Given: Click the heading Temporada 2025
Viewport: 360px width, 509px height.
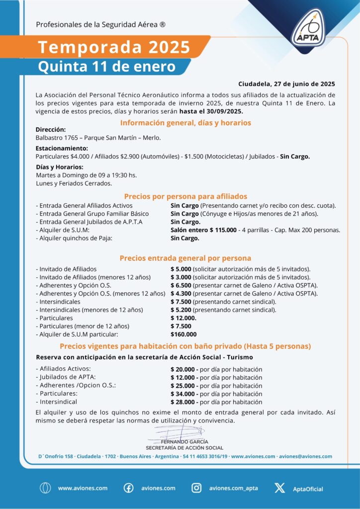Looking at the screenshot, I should click(x=114, y=48).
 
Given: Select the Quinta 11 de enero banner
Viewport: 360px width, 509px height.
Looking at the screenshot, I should click(x=107, y=66).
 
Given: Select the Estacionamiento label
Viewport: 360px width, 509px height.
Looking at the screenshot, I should click(x=62, y=148).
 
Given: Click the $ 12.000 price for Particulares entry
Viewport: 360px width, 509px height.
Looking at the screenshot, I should click(x=183, y=318).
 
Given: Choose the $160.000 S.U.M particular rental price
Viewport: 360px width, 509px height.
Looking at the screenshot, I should click(x=183, y=334).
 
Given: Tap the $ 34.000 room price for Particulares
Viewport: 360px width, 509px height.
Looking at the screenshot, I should click(x=184, y=394).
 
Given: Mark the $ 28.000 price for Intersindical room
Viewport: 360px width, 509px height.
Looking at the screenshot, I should click(x=184, y=402).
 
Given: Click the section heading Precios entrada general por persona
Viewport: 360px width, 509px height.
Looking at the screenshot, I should click(x=185, y=258).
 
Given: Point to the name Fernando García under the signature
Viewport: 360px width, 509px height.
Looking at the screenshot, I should click(x=185, y=441).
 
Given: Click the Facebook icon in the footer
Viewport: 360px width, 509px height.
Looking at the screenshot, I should click(x=128, y=488).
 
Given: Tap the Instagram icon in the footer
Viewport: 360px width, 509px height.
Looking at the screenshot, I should click(x=196, y=488).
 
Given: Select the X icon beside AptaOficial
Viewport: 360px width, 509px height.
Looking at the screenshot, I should click(x=279, y=488).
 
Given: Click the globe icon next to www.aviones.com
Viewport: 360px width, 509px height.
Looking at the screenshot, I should click(x=45, y=488).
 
